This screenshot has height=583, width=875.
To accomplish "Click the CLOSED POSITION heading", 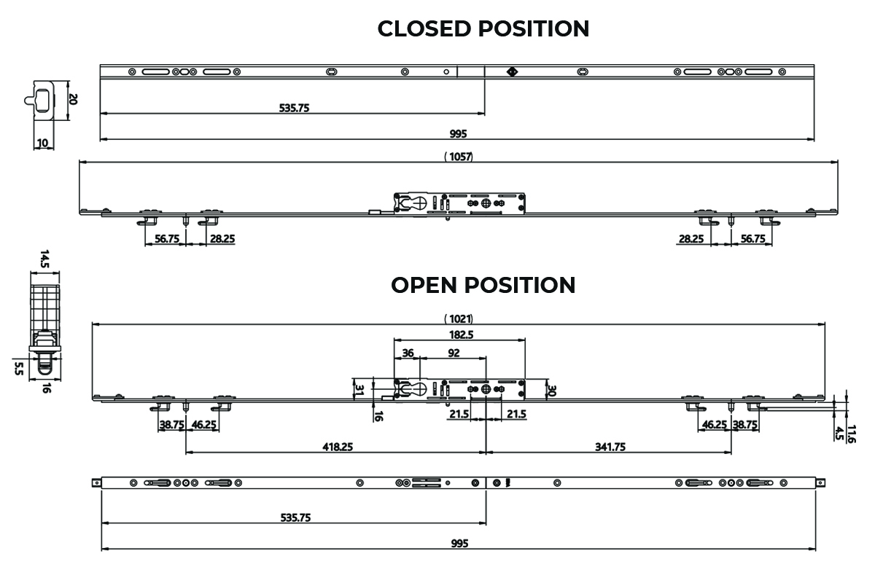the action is [483, 28].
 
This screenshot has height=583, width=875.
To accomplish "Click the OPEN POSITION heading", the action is [483, 285].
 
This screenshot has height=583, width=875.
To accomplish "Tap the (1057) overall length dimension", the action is [459, 157].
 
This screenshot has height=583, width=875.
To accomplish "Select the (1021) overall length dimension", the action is [459, 319].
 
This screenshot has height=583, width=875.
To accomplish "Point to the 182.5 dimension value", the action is [462, 334].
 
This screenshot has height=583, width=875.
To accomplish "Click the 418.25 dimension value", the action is [338, 447].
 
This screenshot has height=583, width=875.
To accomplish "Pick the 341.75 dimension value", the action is [610, 447].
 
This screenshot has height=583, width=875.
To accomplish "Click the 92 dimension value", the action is [454, 353].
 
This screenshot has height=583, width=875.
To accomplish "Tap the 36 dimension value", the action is [408, 353].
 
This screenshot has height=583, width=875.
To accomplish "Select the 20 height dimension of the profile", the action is [73, 99].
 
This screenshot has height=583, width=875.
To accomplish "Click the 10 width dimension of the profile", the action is [42, 143].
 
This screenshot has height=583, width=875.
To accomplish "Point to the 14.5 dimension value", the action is [44, 259].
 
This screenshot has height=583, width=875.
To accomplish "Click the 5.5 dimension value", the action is [19, 369].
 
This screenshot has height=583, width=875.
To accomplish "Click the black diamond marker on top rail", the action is [512, 72].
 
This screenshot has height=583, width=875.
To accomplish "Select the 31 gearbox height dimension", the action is [359, 390].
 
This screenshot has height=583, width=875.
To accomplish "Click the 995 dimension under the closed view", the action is [458, 134].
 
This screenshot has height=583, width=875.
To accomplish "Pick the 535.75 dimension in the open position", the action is [296, 518].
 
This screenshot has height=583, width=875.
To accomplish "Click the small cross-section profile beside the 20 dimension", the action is [40, 100].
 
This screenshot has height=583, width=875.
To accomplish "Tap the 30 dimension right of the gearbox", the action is [551, 391].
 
